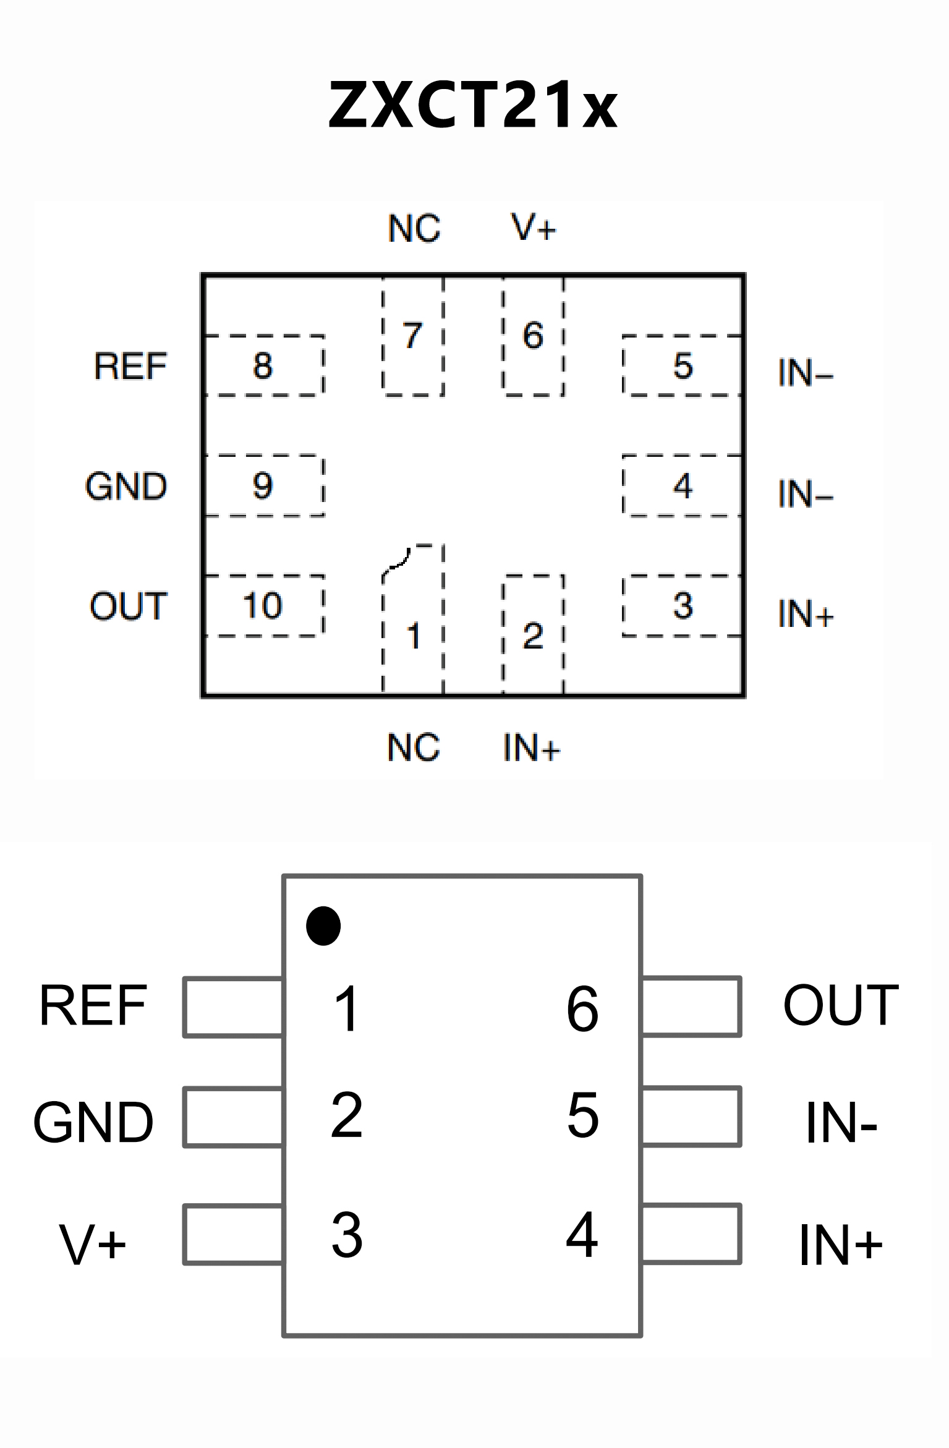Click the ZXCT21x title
[x=473, y=105]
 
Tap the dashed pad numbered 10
[x=263, y=605]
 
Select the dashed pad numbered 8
[x=263, y=365]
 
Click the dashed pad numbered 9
[x=263, y=485]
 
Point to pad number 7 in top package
[x=413, y=336]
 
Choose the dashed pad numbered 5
[x=683, y=365]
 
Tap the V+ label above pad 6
[x=534, y=227]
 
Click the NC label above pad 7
[x=414, y=228]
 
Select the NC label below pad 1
[x=414, y=747]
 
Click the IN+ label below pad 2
[x=532, y=748]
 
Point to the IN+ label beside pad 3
[x=806, y=614]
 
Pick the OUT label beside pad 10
[x=129, y=606]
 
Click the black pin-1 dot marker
[x=323, y=926]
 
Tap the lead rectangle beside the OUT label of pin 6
[x=691, y=1006]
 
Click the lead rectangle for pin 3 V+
[x=234, y=1234]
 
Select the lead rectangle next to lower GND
[x=234, y=1117]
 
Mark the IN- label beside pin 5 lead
[x=841, y=1123]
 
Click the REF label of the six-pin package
[x=93, y=1006]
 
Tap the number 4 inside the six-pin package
[x=582, y=1235]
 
